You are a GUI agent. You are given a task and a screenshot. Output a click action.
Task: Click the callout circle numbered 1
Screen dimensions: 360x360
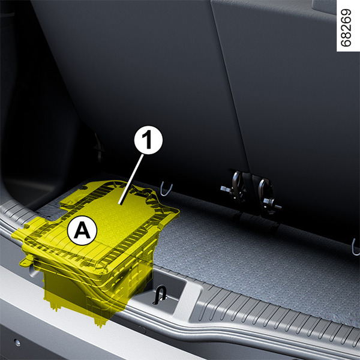[148, 140]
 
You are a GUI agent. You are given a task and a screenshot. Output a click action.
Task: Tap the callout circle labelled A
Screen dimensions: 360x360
[82, 231]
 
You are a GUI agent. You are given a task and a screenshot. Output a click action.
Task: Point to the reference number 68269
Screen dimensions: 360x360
[346, 28]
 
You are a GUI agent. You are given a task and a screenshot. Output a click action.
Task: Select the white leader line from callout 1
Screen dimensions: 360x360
[131, 179]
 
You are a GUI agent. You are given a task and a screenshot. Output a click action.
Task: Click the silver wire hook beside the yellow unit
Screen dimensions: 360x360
[166, 189]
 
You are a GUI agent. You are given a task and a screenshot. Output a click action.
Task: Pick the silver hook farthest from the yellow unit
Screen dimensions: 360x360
[355, 248]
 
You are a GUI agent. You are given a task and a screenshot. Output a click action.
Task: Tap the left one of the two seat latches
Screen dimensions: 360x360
[235, 187]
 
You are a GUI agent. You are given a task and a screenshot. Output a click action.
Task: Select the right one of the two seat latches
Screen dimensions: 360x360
[268, 195]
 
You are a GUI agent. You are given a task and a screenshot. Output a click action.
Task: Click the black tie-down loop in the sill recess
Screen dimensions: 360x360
[160, 295]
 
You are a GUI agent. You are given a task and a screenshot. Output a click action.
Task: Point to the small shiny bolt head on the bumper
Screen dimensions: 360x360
[17, 343]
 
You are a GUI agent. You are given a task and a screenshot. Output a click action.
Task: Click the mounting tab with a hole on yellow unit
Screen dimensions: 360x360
[26, 262]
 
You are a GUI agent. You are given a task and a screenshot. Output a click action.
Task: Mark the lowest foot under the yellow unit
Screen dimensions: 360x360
[100, 321]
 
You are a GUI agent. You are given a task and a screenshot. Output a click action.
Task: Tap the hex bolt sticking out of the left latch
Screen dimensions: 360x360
[224, 189]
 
